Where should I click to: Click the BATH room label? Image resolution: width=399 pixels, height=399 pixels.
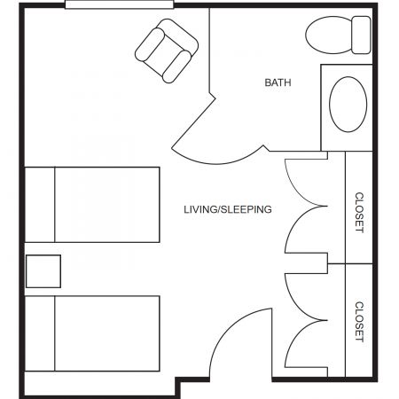(278, 82)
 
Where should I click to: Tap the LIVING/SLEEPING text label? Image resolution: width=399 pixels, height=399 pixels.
(228, 209)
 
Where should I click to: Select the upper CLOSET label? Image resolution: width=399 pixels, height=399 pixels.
(359, 213)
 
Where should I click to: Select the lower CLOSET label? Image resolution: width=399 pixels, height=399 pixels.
(359, 322)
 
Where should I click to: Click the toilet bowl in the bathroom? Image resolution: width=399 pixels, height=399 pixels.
(328, 35)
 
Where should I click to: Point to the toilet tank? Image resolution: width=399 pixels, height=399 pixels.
(362, 35)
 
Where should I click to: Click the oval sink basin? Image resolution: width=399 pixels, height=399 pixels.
(348, 105)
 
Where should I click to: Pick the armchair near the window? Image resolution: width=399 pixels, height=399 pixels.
(167, 51)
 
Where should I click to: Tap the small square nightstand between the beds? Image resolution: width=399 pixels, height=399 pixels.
(43, 271)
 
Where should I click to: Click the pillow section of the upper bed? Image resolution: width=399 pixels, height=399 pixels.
(40, 205)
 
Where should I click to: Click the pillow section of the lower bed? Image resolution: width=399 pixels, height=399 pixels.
(40, 333)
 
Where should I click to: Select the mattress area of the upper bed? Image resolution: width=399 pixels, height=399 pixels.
(107, 205)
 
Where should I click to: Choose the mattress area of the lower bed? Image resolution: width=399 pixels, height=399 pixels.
(107, 333)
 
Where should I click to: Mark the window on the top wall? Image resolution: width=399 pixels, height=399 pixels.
(120, 4)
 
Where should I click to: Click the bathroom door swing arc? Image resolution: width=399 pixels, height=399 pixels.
(217, 161)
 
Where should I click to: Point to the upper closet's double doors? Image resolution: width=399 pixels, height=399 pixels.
(306, 206)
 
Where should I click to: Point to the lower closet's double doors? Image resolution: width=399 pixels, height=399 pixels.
(306, 321)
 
